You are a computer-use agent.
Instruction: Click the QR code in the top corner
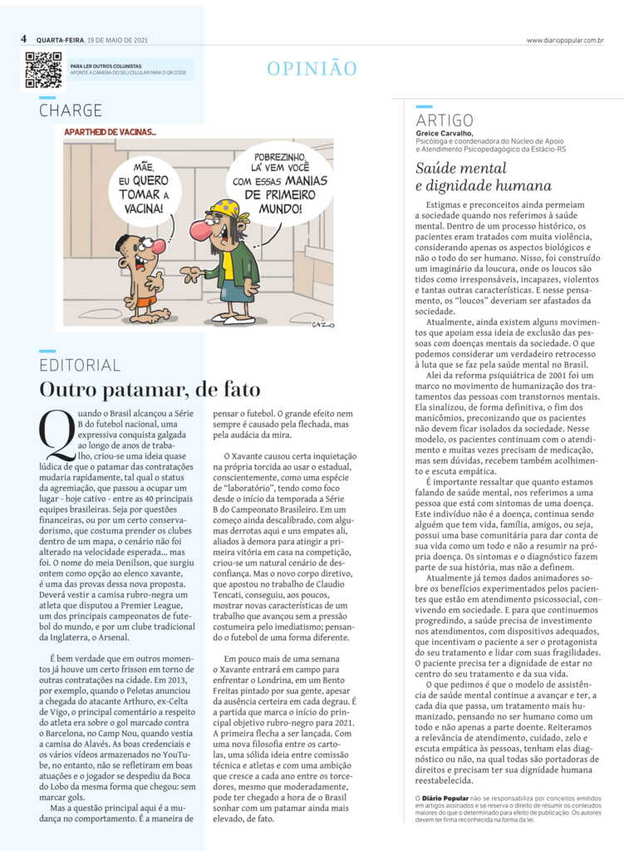[x=43, y=70]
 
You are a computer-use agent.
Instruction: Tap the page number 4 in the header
[x=24, y=39]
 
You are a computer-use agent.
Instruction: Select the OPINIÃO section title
[x=312, y=69]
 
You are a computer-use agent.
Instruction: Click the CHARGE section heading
[x=71, y=110]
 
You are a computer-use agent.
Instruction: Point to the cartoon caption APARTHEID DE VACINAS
[x=110, y=131]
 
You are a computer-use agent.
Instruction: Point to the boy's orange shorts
[x=146, y=301]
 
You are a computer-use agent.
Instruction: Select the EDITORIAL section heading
[x=80, y=365]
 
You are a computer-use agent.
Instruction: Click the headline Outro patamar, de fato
[x=150, y=389]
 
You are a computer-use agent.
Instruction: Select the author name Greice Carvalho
[x=448, y=132]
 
